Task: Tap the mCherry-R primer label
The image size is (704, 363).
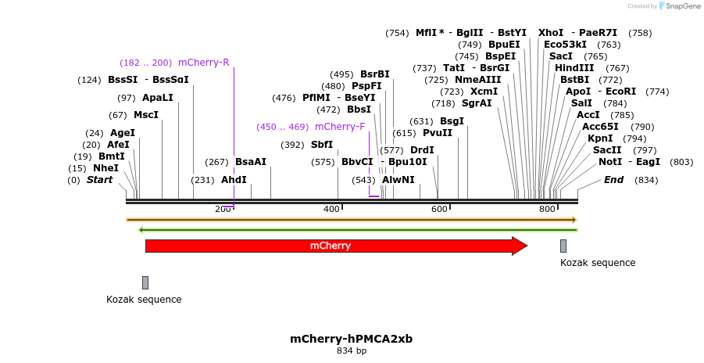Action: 203,63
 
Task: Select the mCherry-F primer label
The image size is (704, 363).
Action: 340,127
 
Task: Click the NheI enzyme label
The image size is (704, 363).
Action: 105,168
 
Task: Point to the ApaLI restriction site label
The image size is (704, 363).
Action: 157,98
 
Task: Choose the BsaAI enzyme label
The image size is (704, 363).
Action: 250,162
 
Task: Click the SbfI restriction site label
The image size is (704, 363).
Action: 321,145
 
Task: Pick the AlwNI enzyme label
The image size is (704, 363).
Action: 398,180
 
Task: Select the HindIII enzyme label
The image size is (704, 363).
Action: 574,68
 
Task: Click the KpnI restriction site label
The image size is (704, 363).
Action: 601,138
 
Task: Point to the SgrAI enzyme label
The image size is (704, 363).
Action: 477,103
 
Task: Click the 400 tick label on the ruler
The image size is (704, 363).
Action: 331,209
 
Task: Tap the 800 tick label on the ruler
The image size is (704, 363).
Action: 547,209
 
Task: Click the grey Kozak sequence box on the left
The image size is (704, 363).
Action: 145,282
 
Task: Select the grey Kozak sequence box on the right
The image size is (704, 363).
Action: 563,246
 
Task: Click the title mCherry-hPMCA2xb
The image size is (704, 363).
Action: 351,339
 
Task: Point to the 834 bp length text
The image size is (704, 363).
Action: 351,351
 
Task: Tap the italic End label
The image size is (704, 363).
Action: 614,180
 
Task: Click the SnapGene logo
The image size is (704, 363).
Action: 678,6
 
